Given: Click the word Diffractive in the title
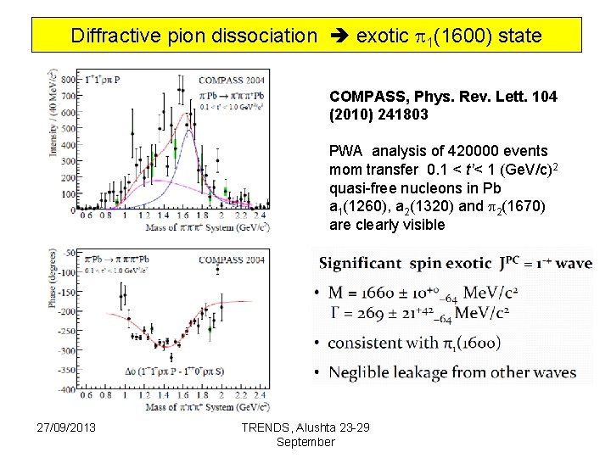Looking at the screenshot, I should point(113,36).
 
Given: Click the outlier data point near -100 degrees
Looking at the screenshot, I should point(218,270).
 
